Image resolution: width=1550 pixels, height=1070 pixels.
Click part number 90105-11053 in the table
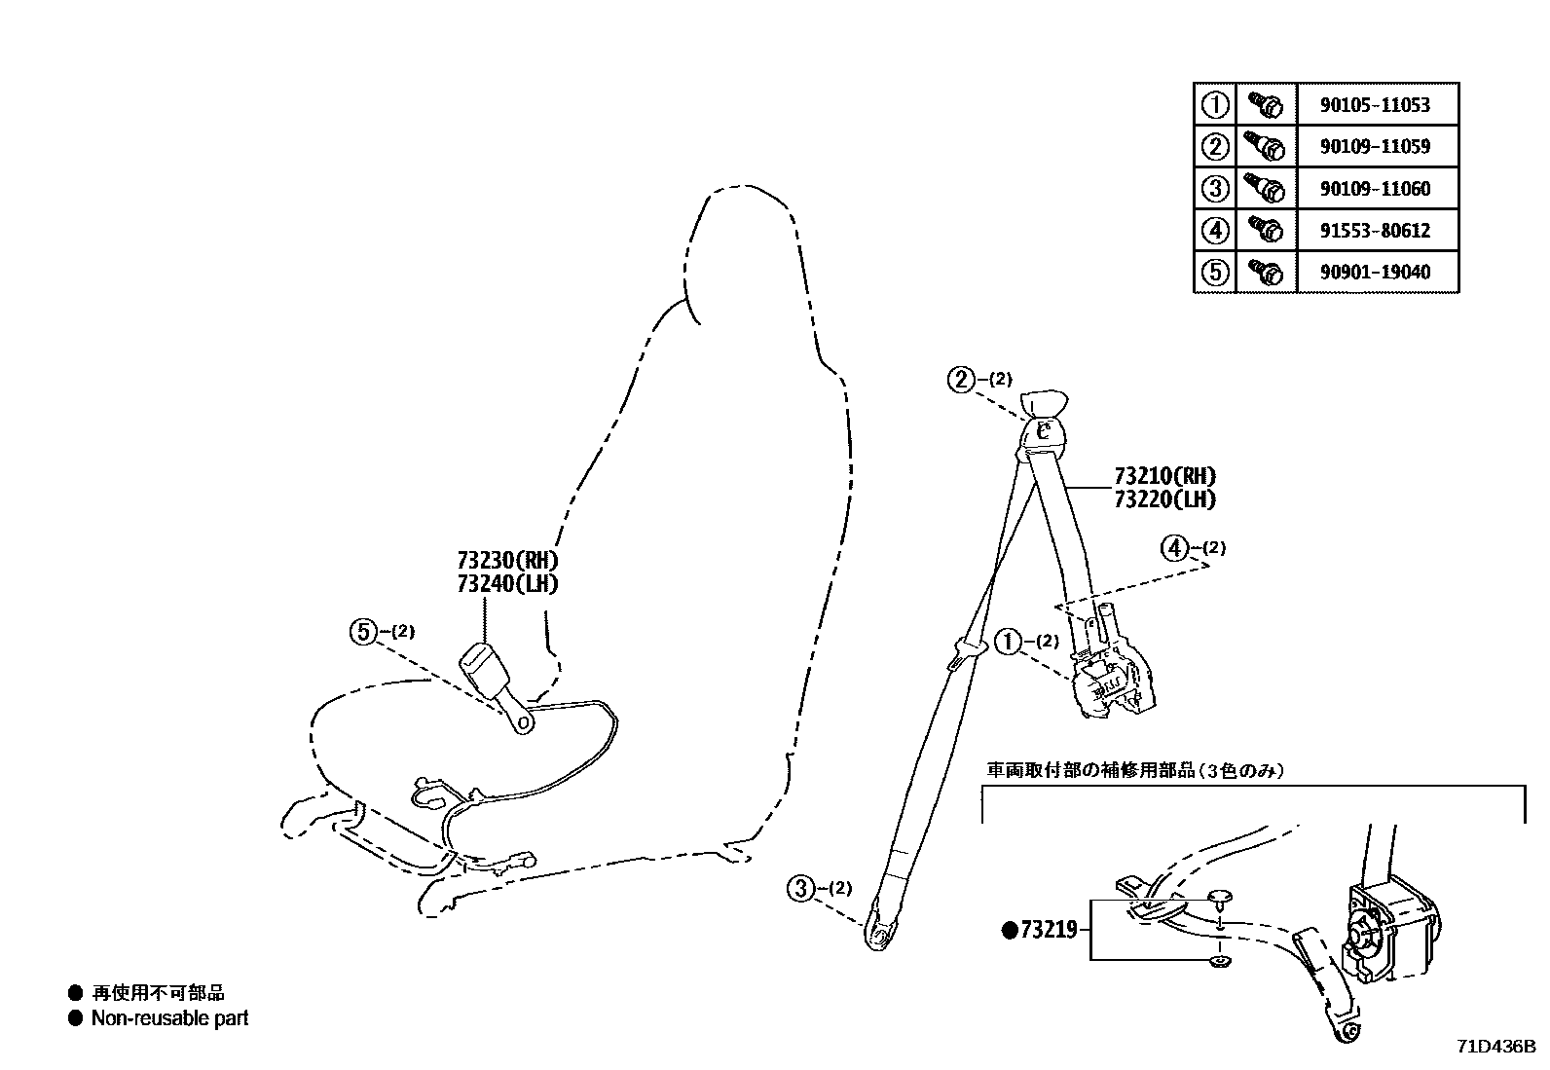[1375, 105]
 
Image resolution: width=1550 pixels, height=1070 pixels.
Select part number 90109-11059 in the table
[1375, 147]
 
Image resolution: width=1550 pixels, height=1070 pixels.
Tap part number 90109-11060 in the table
[1375, 189]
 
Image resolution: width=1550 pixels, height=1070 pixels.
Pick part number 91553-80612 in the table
[1375, 231]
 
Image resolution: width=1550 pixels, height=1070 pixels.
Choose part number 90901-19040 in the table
[1375, 273]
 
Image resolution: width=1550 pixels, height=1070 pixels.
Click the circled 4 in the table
[1214, 231]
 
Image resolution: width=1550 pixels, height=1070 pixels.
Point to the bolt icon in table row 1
[1265, 104]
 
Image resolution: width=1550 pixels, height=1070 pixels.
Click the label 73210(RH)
[1164, 477]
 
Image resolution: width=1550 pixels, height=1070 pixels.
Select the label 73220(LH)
[1164, 499]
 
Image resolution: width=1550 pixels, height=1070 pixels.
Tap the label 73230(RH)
[508, 561]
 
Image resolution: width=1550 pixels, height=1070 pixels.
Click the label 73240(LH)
[508, 583]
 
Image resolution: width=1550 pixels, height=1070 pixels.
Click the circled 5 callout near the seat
[362, 633]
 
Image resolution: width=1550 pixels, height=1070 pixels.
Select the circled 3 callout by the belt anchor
[800, 887]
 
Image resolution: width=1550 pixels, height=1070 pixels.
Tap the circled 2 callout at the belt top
[961, 380]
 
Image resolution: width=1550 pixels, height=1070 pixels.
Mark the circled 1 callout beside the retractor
[1007, 642]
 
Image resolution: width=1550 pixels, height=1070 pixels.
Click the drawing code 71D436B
[1495, 1048]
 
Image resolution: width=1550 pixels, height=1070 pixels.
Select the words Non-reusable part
[169, 1018]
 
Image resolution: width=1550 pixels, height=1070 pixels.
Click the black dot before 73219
[1009, 930]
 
